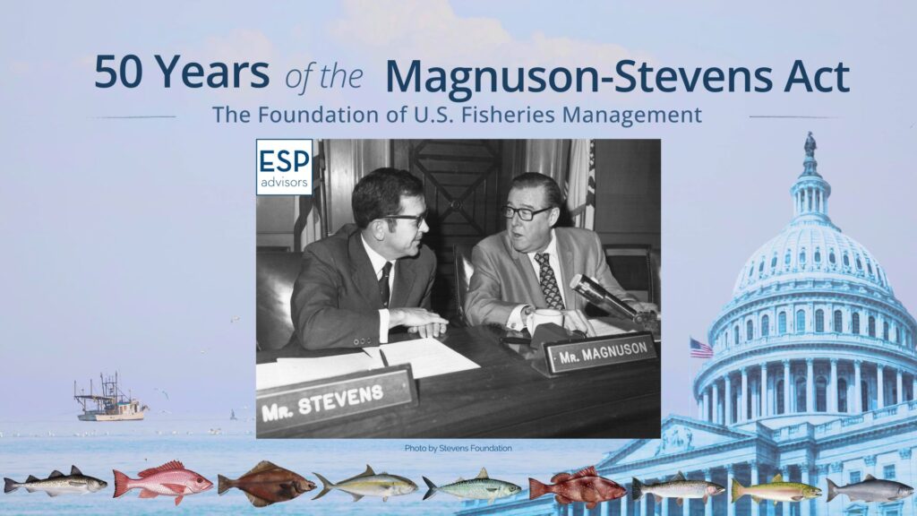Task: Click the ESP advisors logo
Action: point(284,167)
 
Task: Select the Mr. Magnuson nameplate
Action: point(601,352)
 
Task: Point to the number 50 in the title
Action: point(120,72)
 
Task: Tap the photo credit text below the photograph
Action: point(458,448)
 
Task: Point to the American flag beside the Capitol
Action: point(700,348)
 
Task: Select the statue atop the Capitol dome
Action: point(810,144)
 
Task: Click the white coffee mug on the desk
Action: point(544,322)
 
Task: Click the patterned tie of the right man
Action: point(548,280)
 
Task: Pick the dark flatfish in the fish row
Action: point(267,483)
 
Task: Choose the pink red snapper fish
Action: point(163,481)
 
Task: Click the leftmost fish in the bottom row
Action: point(56,482)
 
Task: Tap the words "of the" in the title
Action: point(324,78)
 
